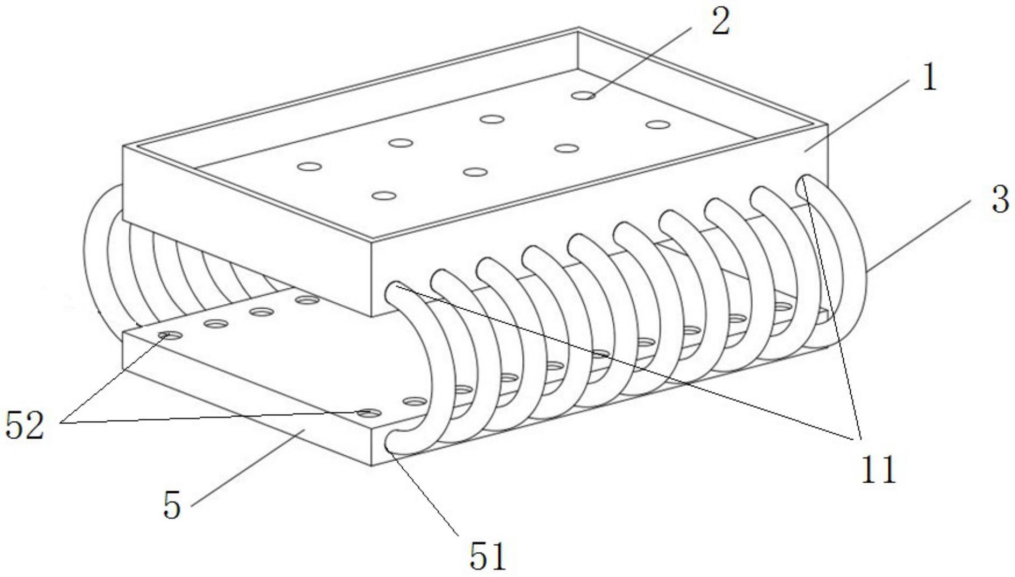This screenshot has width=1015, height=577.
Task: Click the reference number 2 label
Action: tap(720, 22)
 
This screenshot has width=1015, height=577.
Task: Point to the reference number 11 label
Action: tap(878, 469)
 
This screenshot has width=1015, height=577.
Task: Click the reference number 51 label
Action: tap(488, 555)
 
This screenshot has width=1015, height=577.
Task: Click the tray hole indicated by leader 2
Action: tap(583, 95)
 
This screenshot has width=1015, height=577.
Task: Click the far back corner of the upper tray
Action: tap(578, 28)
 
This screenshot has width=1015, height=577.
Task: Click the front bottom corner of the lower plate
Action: tap(372, 464)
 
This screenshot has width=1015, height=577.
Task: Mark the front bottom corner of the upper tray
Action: tap(372, 315)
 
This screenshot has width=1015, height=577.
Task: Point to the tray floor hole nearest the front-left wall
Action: tap(384, 196)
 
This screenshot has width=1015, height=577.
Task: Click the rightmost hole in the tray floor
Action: tap(657, 125)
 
